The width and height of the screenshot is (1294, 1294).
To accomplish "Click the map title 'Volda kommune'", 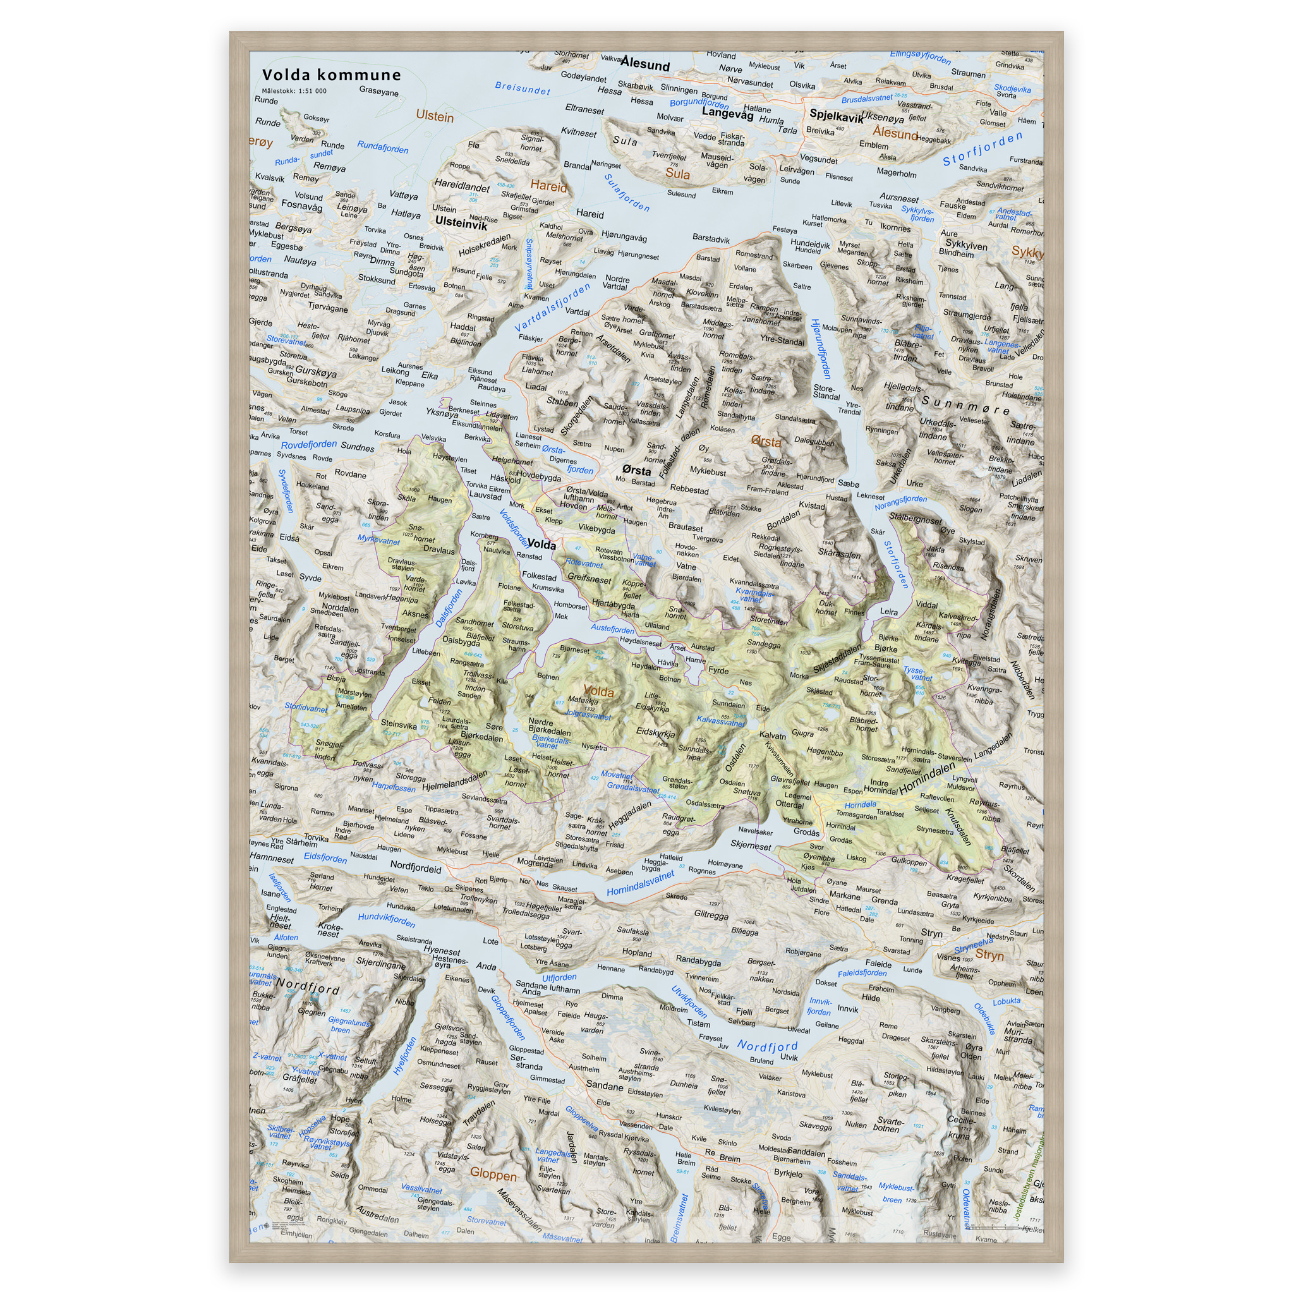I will (331, 75).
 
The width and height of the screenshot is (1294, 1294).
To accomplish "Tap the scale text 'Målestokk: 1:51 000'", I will (294, 91).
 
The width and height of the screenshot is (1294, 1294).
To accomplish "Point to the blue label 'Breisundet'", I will (522, 88).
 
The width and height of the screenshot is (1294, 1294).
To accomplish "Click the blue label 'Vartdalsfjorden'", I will (553, 306).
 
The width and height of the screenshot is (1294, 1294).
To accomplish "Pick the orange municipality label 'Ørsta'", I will (766, 442).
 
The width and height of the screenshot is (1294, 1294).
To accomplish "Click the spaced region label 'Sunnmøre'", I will (966, 405).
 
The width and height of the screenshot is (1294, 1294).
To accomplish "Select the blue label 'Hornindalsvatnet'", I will (639, 883).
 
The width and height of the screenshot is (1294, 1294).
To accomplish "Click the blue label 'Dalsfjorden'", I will (448, 608).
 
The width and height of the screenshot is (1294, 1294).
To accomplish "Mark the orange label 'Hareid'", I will (548, 186).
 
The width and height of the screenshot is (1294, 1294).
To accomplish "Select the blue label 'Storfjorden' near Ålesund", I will (982, 148).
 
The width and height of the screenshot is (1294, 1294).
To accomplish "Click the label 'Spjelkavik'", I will (836, 116).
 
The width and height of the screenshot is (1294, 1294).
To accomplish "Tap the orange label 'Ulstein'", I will (435, 116).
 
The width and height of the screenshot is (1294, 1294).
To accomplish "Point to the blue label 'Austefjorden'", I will (612, 629).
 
